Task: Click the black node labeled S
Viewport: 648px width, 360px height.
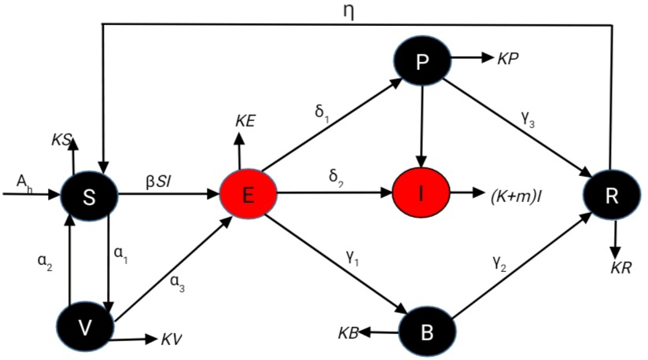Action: [90, 195]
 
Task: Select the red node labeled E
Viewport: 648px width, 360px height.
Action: [248, 195]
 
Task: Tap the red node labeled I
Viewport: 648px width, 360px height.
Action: [422, 193]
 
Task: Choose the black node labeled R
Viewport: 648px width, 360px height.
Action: [610, 193]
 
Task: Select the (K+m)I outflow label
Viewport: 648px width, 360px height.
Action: [511, 193]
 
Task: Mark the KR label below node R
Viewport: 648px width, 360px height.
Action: [621, 267]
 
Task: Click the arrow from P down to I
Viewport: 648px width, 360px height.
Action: [422, 126]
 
